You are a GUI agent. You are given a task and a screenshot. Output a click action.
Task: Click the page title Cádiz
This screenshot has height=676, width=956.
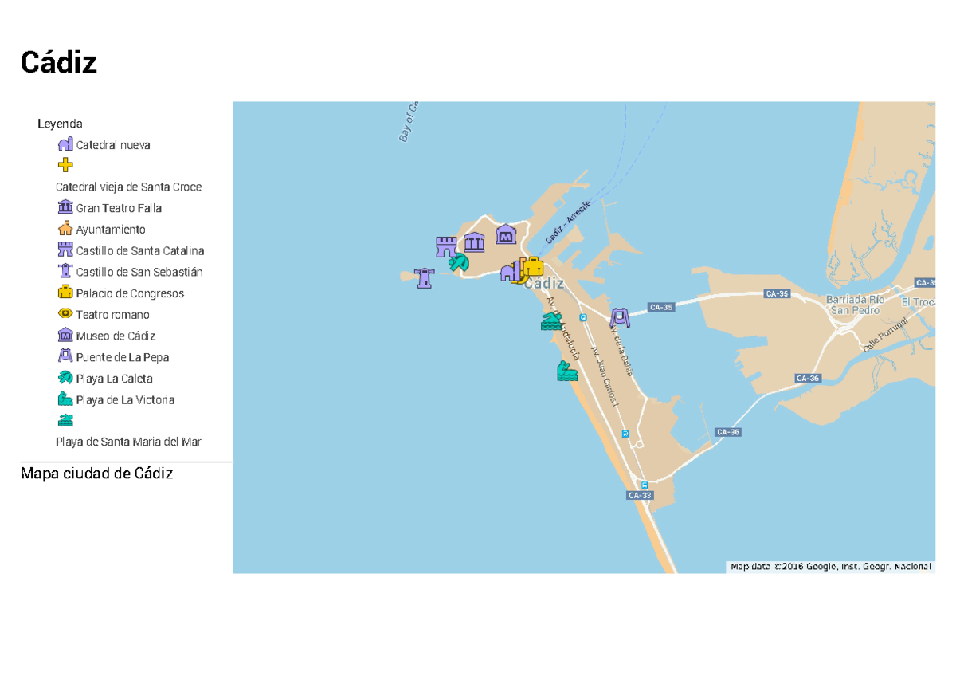(59, 62)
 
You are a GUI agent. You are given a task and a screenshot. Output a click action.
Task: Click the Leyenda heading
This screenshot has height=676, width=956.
(60, 124)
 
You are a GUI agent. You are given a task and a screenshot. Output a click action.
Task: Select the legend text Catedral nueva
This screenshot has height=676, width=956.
(113, 145)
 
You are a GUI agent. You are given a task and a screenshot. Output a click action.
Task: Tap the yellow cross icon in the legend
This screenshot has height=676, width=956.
(65, 165)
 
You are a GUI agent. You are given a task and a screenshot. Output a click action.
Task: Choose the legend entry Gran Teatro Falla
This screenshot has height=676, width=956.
(119, 208)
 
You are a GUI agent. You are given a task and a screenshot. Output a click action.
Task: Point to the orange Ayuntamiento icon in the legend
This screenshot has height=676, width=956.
(65, 229)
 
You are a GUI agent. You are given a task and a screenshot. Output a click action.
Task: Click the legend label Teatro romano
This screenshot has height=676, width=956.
(112, 315)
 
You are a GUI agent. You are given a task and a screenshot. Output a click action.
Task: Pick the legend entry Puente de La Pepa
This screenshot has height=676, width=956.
(123, 357)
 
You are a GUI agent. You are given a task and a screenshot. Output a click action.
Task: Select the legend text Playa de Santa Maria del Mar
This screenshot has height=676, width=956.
(128, 442)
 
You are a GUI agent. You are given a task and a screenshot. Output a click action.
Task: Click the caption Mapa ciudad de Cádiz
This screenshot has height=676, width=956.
(97, 474)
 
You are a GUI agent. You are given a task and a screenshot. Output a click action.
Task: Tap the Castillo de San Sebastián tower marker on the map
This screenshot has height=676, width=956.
(424, 277)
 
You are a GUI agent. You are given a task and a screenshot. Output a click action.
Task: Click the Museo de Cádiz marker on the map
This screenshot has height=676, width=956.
(506, 234)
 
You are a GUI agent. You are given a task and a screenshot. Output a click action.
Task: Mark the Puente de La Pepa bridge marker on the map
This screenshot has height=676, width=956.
(620, 317)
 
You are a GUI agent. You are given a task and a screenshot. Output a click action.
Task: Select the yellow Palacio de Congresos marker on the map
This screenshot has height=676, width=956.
(532, 267)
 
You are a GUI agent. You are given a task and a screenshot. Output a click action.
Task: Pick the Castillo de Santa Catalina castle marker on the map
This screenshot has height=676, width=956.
(445, 246)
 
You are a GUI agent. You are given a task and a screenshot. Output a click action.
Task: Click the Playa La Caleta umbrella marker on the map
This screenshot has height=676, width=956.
(459, 262)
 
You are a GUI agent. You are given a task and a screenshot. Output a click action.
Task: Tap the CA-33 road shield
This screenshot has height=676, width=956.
(640, 495)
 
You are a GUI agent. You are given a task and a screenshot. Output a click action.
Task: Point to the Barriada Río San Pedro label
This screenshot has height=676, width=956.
(855, 305)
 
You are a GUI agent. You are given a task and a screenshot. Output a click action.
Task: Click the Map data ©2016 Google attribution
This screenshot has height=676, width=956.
(830, 567)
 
